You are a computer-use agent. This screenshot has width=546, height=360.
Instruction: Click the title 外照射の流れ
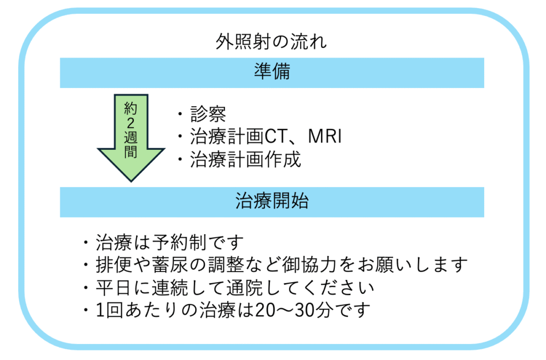click(x=271, y=42)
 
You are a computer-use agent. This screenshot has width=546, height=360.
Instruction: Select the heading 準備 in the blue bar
click(x=272, y=71)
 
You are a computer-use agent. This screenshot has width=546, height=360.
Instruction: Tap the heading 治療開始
click(x=272, y=201)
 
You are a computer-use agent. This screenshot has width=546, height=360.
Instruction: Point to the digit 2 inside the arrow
click(x=131, y=123)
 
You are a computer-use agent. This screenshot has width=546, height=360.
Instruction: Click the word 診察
click(x=208, y=114)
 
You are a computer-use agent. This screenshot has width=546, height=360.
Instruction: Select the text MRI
click(x=325, y=136)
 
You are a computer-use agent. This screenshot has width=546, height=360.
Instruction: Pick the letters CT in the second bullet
click(x=276, y=136)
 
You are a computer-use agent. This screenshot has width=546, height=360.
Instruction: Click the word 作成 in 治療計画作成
click(x=283, y=159)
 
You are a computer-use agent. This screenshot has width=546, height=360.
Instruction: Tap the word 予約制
click(x=180, y=242)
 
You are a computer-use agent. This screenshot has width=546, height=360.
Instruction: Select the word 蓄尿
click(x=169, y=265)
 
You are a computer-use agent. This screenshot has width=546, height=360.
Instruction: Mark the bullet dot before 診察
click(x=180, y=114)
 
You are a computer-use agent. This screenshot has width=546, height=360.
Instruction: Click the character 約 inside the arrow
click(x=131, y=109)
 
